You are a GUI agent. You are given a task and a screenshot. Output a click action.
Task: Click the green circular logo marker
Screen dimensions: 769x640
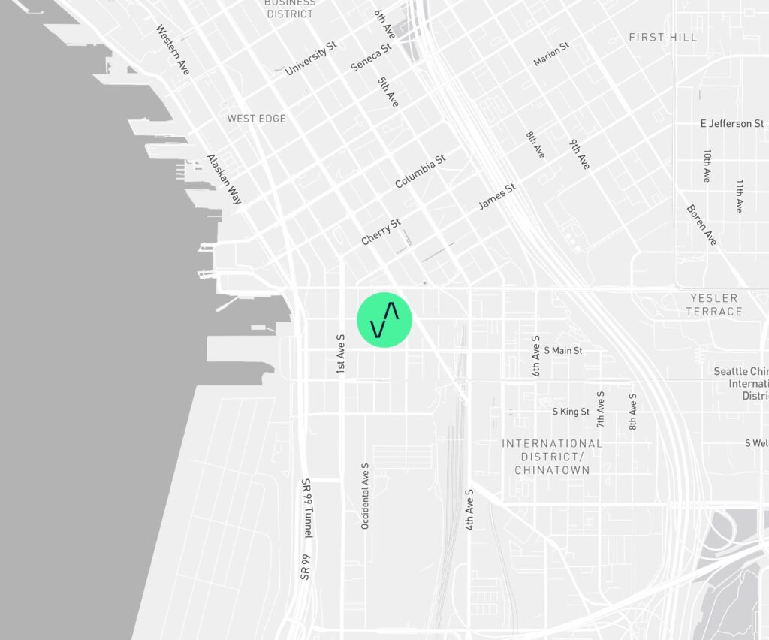coord(384,320)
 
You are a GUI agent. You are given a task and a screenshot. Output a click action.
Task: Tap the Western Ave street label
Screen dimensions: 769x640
coord(173,50)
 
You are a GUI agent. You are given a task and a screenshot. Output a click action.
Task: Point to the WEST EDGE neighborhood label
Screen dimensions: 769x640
coord(256,119)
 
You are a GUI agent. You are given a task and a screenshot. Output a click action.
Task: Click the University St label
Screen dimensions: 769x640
coord(311,59)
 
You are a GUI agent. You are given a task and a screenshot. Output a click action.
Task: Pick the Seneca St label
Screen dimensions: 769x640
coord(371,57)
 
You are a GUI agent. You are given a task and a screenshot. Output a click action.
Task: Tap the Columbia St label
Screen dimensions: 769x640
coord(421,171)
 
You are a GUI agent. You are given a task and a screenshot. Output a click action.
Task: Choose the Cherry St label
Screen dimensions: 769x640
coord(381,231)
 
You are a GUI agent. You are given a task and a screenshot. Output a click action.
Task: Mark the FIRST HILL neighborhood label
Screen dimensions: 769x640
coord(662,37)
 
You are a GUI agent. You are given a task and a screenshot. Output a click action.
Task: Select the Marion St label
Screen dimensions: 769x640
coord(551,53)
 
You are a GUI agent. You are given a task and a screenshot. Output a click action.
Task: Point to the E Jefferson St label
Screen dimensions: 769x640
coord(731,123)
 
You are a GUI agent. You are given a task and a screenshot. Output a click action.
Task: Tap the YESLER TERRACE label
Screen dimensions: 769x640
coord(714,305)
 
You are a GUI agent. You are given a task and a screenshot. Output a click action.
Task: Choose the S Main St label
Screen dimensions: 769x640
coord(562,350)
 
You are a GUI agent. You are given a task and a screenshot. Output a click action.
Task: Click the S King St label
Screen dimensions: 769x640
coord(571,412)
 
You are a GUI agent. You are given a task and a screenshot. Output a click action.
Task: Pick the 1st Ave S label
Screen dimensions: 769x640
coord(340,355)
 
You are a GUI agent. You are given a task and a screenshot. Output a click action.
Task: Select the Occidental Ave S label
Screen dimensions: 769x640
coord(365,496)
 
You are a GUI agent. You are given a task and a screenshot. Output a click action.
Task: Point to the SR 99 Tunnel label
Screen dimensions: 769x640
coord(306,509)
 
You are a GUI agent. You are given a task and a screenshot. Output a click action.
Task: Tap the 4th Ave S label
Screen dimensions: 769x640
coord(469,510)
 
